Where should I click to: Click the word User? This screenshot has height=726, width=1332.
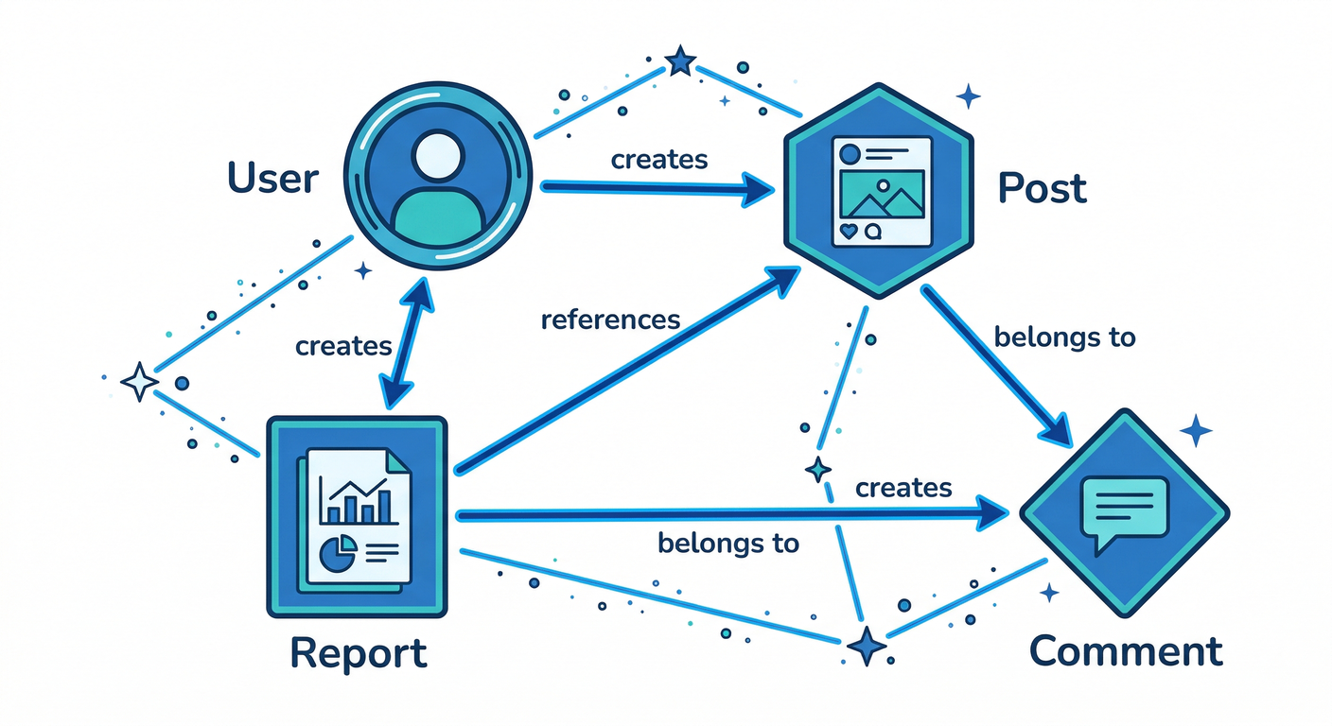tap(272, 177)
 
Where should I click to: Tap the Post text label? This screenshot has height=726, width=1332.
tap(1043, 188)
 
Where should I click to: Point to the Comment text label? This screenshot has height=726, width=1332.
tap(1126, 651)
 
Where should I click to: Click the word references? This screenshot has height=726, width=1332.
tap(610, 320)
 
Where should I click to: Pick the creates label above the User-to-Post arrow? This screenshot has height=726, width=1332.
tap(659, 159)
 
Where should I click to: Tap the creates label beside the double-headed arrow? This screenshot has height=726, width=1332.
tap(343, 346)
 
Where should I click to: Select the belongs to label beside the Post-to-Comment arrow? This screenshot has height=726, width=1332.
tap(1064, 337)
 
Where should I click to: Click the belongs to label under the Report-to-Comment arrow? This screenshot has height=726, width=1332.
tap(727, 544)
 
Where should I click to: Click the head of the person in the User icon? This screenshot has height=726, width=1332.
tap(439, 155)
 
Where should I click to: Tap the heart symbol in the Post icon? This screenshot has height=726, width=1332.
tap(849, 231)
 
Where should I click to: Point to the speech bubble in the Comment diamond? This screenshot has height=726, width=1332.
tap(1125, 511)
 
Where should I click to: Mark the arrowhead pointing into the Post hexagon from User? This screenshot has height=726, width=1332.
tap(757, 189)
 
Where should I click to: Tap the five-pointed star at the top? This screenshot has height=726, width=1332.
tap(679, 62)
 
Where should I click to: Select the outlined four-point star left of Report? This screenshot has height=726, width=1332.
tap(140, 383)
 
